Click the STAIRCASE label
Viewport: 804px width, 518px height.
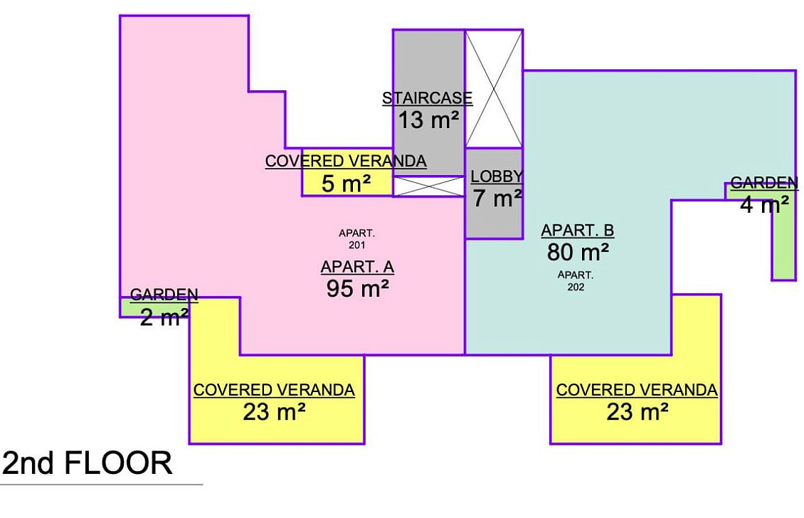tap(428, 98)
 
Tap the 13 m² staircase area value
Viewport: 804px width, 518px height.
tap(428, 120)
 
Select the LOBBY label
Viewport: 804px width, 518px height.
tap(497, 176)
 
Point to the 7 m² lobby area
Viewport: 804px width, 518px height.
tap(497, 199)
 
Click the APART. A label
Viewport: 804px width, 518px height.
tap(357, 267)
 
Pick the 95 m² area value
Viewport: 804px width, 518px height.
tap(357, 289)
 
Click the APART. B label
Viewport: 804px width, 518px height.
tap(577, 231)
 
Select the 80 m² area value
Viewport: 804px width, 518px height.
tap(578, 253)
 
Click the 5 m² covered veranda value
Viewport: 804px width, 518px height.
tap(346, 184)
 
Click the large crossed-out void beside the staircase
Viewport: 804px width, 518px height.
tap(494, 89)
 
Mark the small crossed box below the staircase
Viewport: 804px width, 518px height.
tap(428, 186)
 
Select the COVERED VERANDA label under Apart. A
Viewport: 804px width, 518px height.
tap(274, 391)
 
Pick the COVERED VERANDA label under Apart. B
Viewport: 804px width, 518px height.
tap(637, 391)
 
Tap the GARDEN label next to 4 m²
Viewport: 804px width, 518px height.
tap(764, 183)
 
